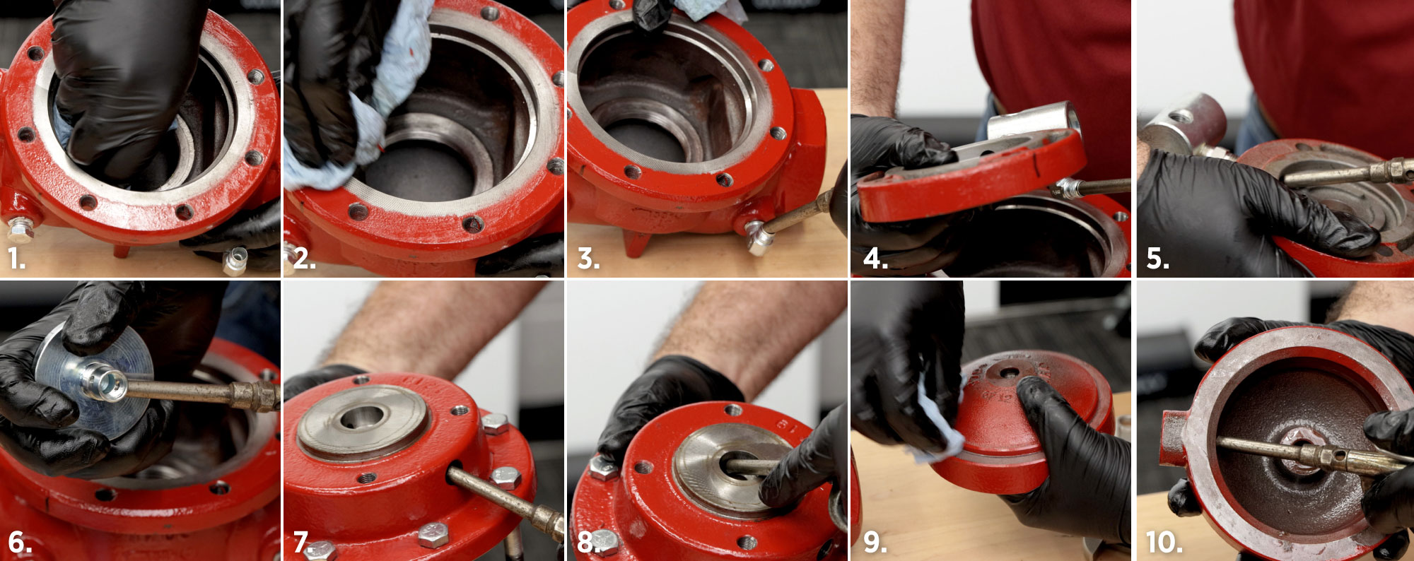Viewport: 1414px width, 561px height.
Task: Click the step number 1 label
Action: (17, 259)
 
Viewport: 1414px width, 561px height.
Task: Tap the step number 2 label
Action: (304, 259)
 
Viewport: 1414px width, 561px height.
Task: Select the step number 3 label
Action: (588, 259)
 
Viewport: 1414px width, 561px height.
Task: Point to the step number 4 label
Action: (875, 259)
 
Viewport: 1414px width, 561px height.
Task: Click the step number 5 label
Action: (1157, 259)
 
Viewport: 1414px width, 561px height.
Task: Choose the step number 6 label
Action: (20, 543)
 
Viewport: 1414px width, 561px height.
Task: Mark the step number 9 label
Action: (875, 543)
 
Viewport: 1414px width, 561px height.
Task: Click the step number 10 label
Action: (1164, 543)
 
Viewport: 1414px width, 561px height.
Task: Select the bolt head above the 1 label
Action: (21, 230)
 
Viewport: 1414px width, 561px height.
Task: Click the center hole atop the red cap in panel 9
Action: (1009, 371)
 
